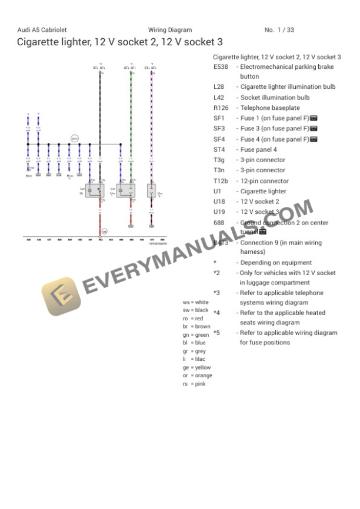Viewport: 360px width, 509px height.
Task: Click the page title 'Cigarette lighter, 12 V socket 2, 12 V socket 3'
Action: point(119,42)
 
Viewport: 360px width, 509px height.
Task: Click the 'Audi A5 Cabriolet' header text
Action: point(42,30)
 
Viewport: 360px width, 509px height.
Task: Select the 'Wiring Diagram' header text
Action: point(169,30)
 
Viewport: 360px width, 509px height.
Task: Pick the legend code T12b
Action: point(222,181)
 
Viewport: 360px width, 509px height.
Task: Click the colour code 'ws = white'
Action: point(195,302)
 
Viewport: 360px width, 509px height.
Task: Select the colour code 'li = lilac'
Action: point(194,359)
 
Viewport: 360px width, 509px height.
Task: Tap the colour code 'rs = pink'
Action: point(194,383)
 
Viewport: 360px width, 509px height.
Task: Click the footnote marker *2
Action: point(216,273)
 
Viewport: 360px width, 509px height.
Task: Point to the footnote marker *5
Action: point(216,333)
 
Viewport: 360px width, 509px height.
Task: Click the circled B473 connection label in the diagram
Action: point(75,138)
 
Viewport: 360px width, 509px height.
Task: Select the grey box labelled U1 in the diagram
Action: point(95,190)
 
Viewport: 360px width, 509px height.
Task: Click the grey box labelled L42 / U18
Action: point(126,190)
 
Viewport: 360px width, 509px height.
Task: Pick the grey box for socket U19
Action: point(151,190)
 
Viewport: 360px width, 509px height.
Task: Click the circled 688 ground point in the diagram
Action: point(104,232)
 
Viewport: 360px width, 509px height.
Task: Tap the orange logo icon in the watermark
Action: point(60,296)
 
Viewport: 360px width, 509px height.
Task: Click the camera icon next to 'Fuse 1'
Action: point(314,118)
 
